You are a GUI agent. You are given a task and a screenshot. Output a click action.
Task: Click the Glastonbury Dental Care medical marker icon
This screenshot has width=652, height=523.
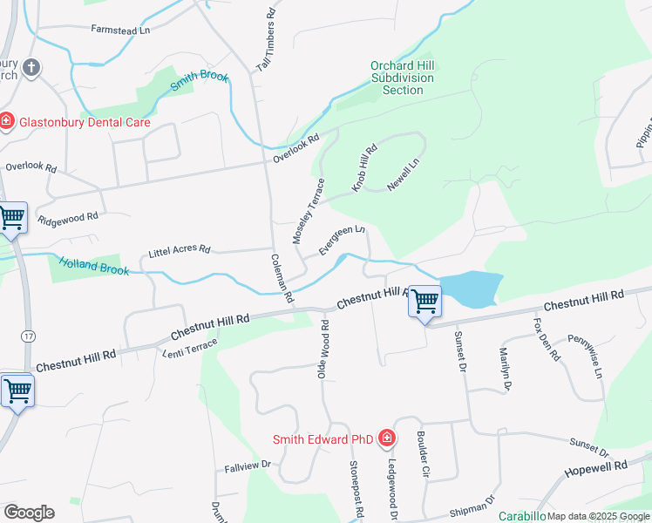coord(7,121)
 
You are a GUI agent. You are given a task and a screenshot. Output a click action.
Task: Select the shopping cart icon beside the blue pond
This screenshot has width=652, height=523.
coord(425,302)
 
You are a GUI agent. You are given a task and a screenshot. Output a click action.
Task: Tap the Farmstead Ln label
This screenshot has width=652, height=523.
coord(120,30)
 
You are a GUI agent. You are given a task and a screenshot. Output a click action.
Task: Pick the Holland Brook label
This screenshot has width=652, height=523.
coord(93,265)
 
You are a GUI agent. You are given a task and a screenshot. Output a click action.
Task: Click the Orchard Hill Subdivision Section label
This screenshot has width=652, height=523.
coord(402,78)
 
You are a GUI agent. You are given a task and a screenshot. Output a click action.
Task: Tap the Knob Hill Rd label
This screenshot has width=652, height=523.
coord(363,168)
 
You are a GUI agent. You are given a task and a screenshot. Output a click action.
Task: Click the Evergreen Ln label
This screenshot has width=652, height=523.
coord(341,241)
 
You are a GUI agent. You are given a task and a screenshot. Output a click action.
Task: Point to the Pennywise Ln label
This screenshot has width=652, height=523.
coord(585,357)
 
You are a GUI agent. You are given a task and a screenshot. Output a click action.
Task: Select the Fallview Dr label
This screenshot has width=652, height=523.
coord(248,466)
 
